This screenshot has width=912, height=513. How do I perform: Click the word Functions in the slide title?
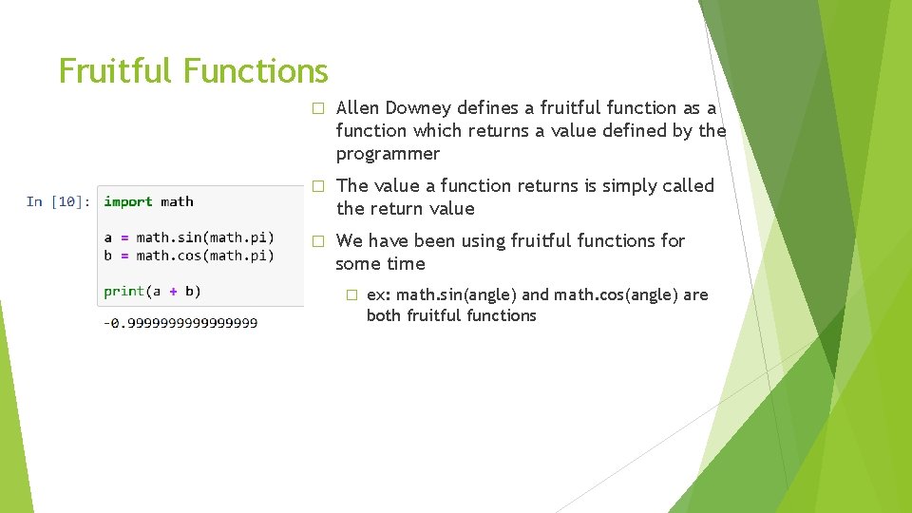[256, 71]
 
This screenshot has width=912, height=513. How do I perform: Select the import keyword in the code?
[128, 201]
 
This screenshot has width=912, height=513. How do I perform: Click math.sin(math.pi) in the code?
[205, 237]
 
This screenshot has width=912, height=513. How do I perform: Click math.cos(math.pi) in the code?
[205, 256]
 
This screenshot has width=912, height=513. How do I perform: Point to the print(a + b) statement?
[152, 291]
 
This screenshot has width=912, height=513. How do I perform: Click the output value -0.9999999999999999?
[180, 323]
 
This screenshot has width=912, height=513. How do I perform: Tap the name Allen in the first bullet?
[359, 108]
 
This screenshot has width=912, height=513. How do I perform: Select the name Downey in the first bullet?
[423, 108]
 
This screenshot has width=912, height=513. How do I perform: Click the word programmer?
[388, 154]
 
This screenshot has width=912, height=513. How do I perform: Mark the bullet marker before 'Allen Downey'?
[318, 108]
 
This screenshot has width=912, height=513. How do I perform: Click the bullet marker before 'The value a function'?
[318, 186]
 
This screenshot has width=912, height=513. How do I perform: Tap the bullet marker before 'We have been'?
[318, 241]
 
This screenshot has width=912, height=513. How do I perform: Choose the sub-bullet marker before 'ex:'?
[351, 295]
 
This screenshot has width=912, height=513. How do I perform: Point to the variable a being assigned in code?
[108, 237]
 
